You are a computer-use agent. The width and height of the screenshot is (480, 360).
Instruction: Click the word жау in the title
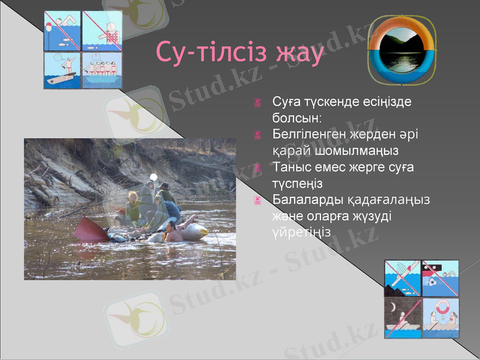[x=298, y=53]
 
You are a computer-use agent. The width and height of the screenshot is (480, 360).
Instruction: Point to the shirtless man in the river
[x=173, y=232]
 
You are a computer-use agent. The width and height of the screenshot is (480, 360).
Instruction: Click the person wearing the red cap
[x=122, y=216]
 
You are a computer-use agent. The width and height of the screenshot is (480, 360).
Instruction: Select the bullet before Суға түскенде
[x=258, y=103]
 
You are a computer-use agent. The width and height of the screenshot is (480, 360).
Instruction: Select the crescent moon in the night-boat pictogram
[x=392, y=308]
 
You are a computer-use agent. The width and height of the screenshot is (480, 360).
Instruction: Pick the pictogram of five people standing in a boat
[x=102, y=71]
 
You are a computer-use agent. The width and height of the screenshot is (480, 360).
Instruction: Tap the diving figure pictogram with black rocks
[x=402, y=279]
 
